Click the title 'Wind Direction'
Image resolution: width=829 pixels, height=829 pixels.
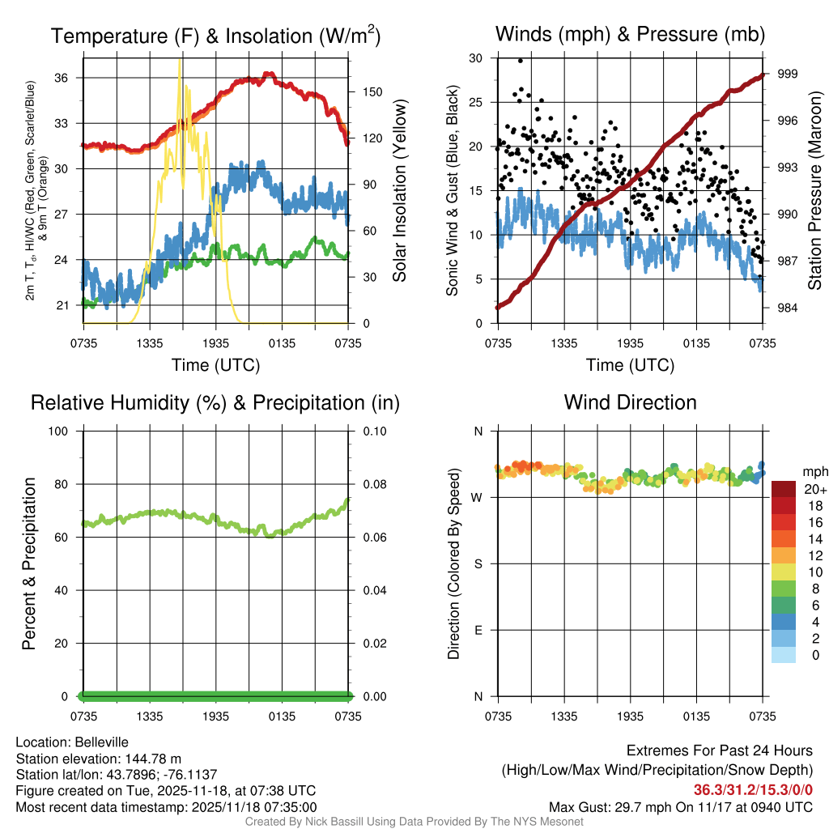(630, 402)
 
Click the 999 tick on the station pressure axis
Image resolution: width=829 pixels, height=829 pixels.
(788, 74)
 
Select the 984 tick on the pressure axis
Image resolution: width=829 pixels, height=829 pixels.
(788, 308)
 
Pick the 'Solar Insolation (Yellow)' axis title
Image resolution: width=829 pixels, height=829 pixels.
(399, 191)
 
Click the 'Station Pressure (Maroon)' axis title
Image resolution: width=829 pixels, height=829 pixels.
(815, 191)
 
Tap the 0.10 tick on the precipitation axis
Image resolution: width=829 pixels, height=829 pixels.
(373, 431)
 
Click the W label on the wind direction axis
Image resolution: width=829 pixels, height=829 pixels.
(478, 497)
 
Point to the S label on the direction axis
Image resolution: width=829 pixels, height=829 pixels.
(478, 563)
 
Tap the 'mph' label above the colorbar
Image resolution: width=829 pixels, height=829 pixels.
(814, 471)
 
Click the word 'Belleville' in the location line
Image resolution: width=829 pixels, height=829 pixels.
(99, 742)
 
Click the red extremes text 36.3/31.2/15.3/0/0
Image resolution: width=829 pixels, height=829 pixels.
(753, 790)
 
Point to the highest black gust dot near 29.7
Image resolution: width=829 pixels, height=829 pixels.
(521, 61)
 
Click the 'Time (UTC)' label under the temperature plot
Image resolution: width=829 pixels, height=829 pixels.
(215, 365)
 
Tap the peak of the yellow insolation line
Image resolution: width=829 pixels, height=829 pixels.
(180, 60)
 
